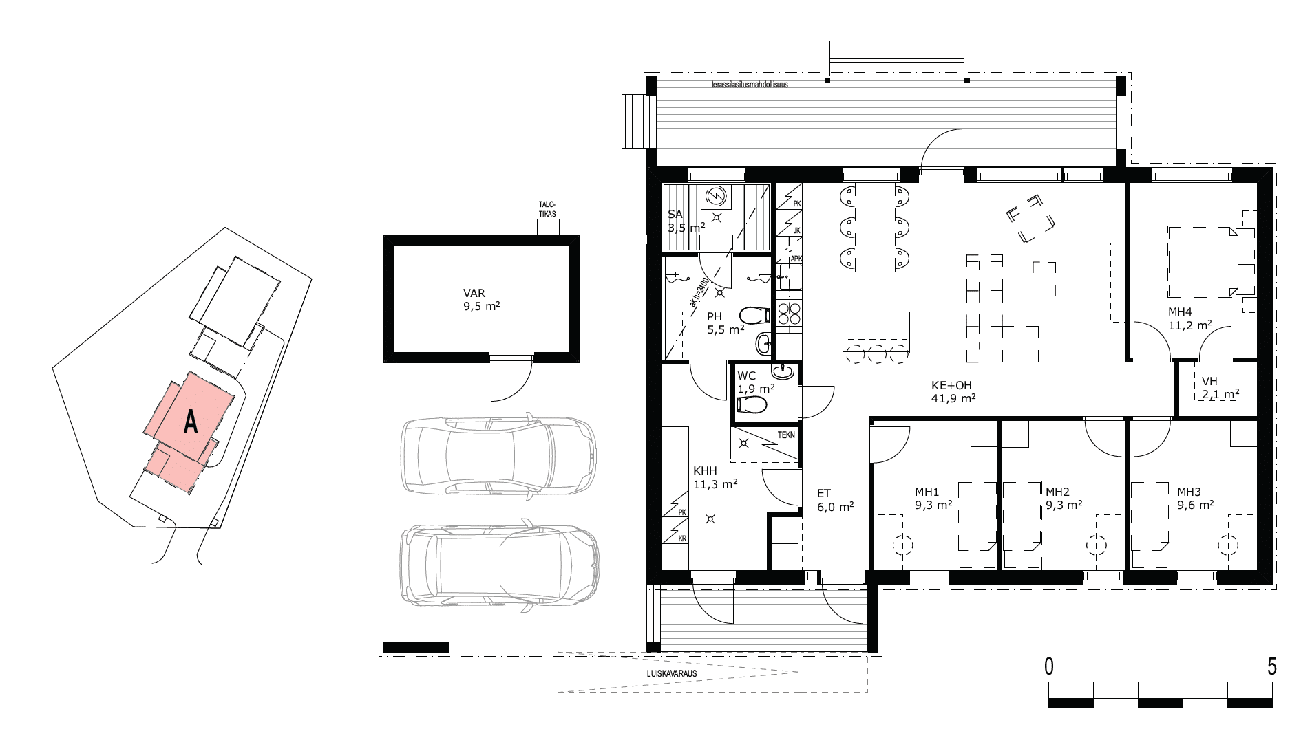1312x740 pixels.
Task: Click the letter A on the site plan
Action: pyautogui.click(x=191, y=422)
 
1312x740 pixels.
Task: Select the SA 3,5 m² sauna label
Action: pyautogui.click(x=686, y=221)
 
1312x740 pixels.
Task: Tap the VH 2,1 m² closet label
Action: pyautogui.click(x=1220, y=388)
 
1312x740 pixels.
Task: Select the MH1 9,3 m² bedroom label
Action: pyautogui.click(x=933, y=498)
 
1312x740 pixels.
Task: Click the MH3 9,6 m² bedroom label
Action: pyautogui.click(x=1195, y=498)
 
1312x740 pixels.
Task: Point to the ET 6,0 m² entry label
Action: pyautogui.click(x=835, y=499)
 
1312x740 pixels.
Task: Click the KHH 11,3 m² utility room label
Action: pyautogui.click(x=715, y=477)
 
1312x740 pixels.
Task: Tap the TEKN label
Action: pyautogui.click(x=785, y=435)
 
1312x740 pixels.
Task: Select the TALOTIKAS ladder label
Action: pyautogui.click(x=549, y=210)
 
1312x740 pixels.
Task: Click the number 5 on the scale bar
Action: pyautogui.click(x=1271, y=666)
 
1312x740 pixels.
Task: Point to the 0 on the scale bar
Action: pyautogui.click(x=1048, y=666)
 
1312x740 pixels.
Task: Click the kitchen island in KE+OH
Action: pyautogui.click(x=876, y=331)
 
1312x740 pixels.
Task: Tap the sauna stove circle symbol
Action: pyautogui.click(x=717, y=197)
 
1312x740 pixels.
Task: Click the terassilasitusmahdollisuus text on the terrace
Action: pyautogui.click(x=750, y=86)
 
